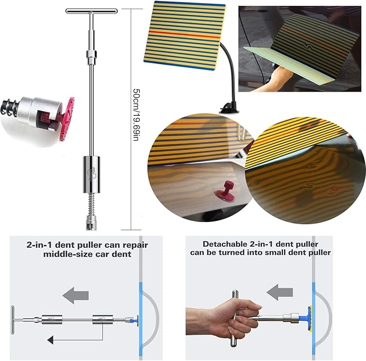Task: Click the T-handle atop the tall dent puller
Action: pyautogui.click(x=91, y=11)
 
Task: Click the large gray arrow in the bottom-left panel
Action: pyautogui.click(x=75, y=295)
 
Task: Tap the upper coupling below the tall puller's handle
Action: pyautogui.click(x=91, y=55)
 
